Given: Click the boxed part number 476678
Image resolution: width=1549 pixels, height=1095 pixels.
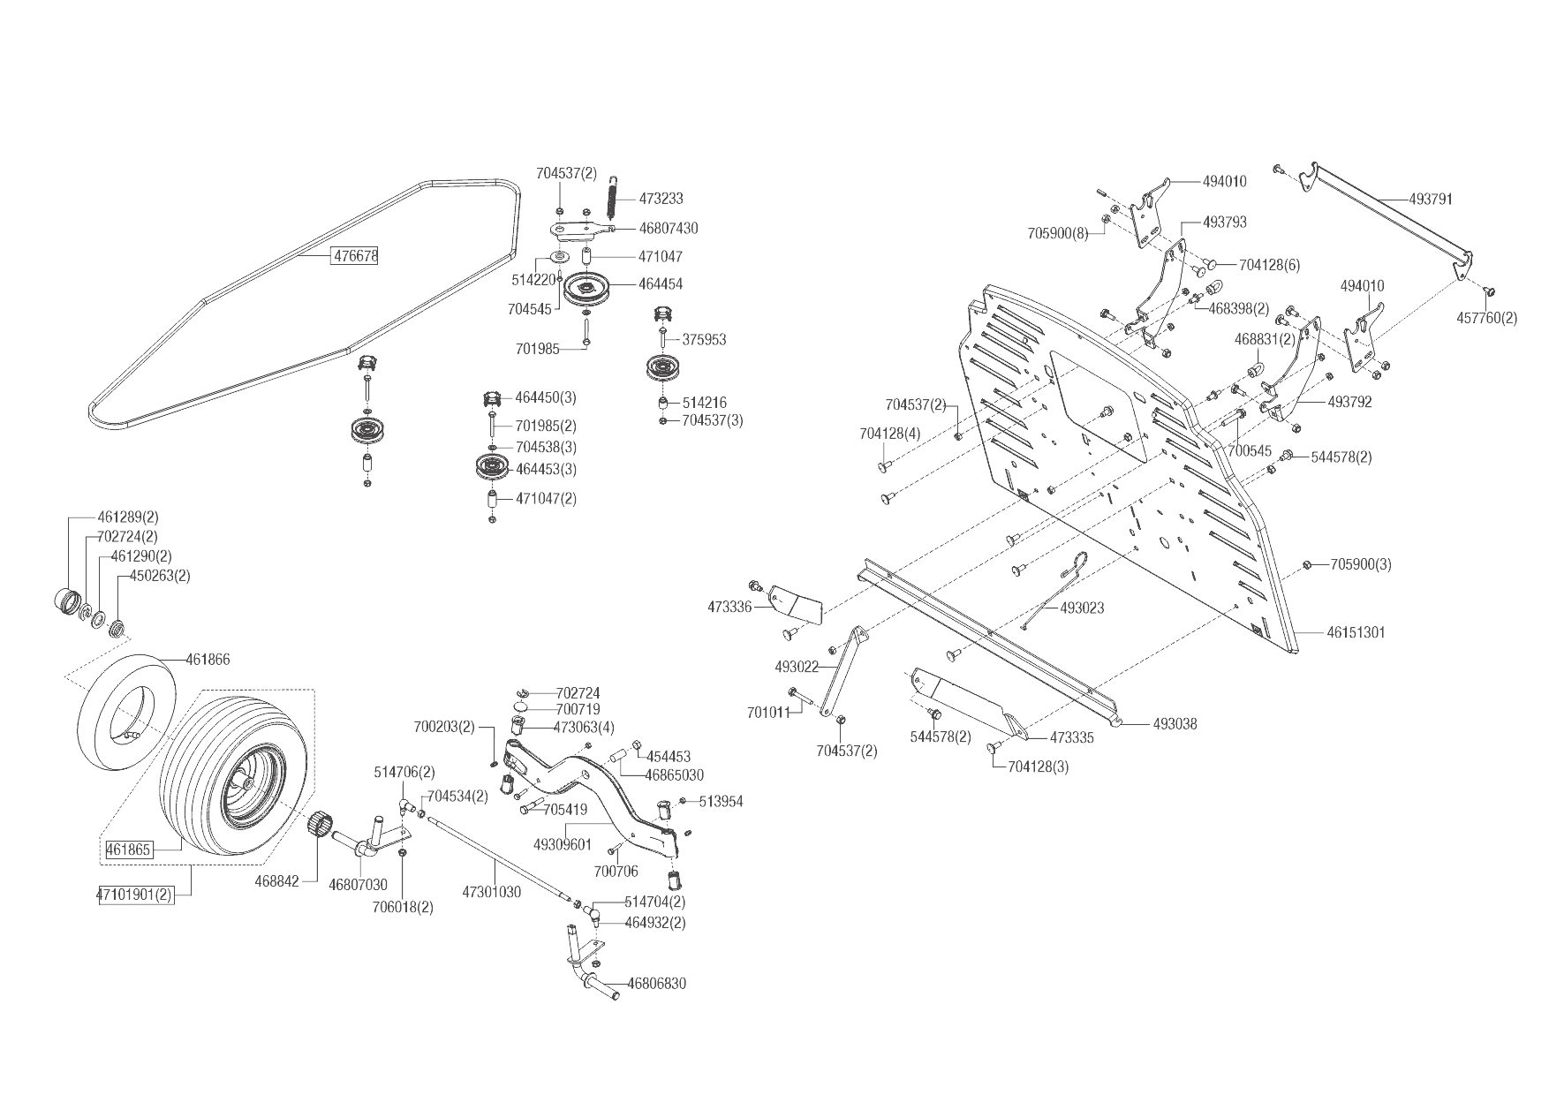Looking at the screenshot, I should pos(355,256).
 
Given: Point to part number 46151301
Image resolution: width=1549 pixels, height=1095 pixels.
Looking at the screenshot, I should pos(1356,632).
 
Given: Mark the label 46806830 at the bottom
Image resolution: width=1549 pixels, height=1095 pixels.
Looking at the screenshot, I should pos(656,984).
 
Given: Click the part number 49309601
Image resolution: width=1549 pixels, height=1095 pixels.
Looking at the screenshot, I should pos(563,845).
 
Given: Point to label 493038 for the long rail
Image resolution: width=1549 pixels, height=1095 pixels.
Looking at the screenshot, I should pos(1175,724).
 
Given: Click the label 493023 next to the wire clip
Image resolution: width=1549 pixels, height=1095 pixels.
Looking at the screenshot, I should pos(1082,608).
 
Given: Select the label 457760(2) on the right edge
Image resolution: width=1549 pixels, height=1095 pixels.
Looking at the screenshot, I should pos(1486,318).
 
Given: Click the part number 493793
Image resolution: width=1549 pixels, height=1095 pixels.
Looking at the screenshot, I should pos(1224,223).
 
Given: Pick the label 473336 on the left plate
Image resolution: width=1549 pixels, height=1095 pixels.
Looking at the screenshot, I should pos(729,608).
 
